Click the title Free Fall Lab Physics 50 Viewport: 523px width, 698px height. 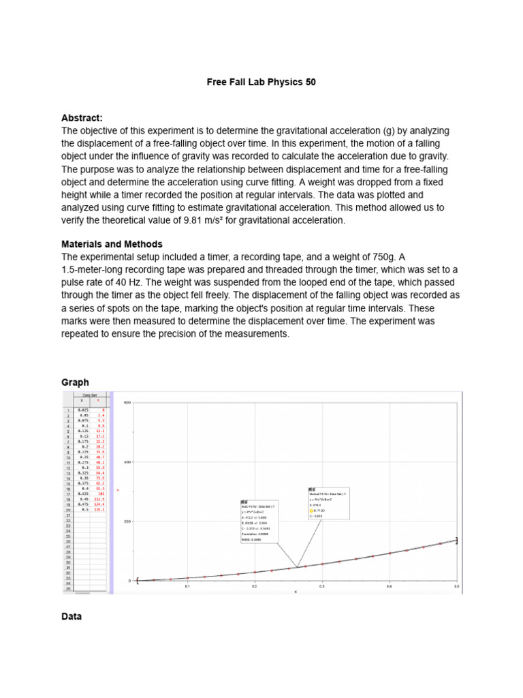coord(261,82)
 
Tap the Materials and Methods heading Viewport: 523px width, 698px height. coord(112,244)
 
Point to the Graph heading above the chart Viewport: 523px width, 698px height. coord(75,382)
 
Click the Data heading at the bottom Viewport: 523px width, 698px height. coord(72,616)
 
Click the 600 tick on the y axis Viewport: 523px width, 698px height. coord(127,403)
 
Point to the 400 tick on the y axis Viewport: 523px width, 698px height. coord(127,462)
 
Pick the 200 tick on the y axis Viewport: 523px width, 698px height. coord(127,521)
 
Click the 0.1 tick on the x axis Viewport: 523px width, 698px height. coord(187,586)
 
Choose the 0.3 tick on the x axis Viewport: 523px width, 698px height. coord(322,586)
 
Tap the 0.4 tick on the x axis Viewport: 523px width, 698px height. coord(389,586)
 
